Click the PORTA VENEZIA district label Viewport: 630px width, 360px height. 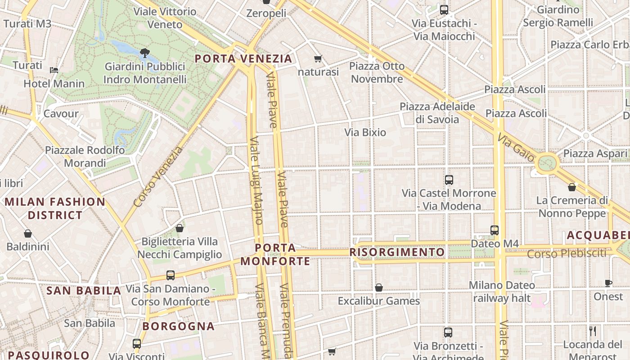pyautogui.click(x=243, y=58)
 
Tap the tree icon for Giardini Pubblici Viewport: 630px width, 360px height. pyautogui.click(x=144, y=53)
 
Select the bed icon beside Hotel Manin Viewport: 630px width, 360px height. pyautogui.click(x=54, y=70)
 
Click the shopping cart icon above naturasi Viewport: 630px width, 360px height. pyautogui.click(x=318, y=58)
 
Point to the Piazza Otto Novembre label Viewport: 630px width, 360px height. pyautogui.click(x=377, y=72)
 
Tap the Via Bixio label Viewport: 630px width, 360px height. pyautogui.click(x=365, y=132)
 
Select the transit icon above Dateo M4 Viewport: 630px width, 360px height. pyautogui.click(x=495, y=230)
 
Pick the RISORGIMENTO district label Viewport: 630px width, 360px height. pyautogui.click(x=397, y=252)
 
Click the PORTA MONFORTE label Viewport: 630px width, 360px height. pyautogui.click(x=275, y=254)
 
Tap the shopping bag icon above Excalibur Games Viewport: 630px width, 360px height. pyautogui.click(x=379, y=288)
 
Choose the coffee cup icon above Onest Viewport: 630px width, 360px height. pyautogui.click(x=608, y=283)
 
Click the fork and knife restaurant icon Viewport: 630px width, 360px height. pyautogui.click(x=593, y=331)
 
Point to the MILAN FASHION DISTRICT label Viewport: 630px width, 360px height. pyautogui.click(x=55, y=208)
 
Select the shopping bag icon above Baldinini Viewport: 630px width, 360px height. pyautogui.click(x=28, y=234)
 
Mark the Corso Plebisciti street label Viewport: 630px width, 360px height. pyautogui.click(x=567, y=254)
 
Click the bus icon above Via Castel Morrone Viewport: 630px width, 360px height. pyautogui.click(x=449, y=180)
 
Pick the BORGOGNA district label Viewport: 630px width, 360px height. pyautogui.click(x=179, y=326)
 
